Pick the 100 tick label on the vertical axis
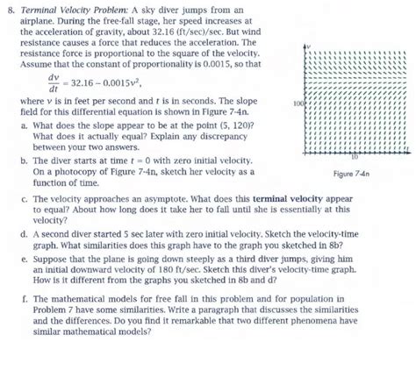297,103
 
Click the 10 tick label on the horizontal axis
377,157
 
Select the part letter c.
23,199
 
